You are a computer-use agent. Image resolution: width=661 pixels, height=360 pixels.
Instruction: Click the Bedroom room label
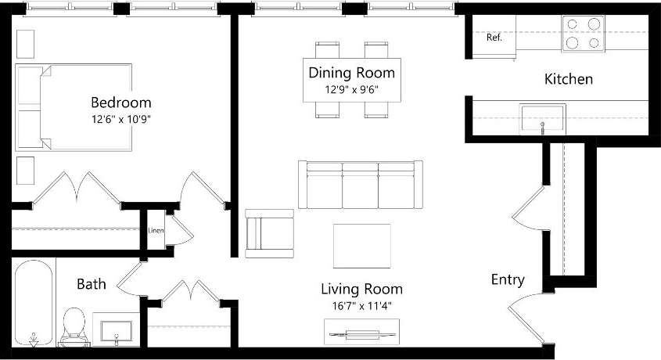121,103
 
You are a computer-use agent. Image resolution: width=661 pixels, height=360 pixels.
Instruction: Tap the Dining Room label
351,73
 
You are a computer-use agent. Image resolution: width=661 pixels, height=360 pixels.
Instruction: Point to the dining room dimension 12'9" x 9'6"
351,89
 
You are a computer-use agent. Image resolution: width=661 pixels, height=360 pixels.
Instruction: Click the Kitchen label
568,79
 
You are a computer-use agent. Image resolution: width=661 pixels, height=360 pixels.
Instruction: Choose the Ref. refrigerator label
494,37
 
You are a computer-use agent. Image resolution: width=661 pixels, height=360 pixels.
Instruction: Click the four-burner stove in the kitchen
583,34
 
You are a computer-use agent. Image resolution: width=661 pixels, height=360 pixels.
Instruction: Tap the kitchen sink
543,118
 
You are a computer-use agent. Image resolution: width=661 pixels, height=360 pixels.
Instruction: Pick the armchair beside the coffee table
269,233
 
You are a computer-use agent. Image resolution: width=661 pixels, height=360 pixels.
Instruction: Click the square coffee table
361,246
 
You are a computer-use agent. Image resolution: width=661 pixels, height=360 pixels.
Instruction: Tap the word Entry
507,280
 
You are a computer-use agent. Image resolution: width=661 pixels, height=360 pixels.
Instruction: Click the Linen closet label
156,231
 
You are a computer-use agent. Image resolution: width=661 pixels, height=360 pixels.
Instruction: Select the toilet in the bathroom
74,325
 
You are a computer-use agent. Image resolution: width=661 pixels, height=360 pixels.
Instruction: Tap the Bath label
91,283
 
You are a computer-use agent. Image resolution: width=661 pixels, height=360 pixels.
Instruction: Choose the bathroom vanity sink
116,329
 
